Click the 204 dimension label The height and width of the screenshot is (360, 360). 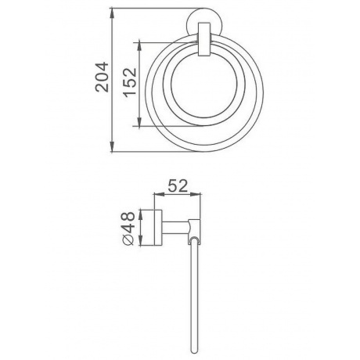tap(102, 77)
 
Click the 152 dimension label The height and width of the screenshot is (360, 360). tap(130, 82)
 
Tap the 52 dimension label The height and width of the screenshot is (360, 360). tap(178, 185)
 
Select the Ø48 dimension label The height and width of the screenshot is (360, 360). tap(128, 229)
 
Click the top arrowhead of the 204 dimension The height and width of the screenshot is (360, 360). tap(112, 13)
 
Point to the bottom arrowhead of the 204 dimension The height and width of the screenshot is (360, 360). tap(112, 146)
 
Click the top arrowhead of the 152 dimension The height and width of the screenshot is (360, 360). tap(139, 45)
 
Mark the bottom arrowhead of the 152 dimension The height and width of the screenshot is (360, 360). tap(139, 122)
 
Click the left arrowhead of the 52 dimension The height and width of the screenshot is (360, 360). tap(160, 194)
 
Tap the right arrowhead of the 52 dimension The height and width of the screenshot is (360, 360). tap(196, 194)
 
